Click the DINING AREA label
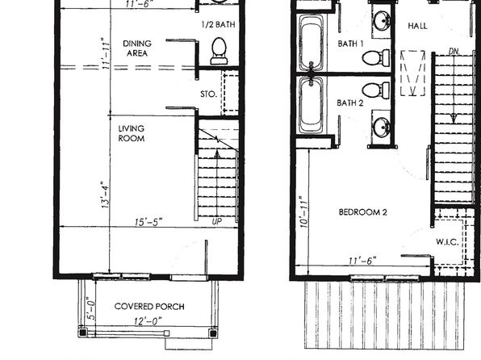tap(137, 48)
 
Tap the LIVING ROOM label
tap(132, 133)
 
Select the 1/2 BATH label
tap(219, 24)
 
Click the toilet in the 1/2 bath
tap(219, 51)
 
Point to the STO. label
tap(208, 94)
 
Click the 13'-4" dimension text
tap(105, 195)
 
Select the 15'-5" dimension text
tap(148, 222)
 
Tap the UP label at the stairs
tap(217, 222)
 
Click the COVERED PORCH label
tap(149, 306)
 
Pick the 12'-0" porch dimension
tap(148, 321)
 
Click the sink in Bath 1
tap(382, 20)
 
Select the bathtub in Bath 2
tap(311, 105)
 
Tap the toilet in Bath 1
tap(376, 57)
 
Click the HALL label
tap(417, 26)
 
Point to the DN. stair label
tap(454, 52)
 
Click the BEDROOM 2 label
tap(363, 212)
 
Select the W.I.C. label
tap(447, 242)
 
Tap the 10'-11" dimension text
tap(303, 211)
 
